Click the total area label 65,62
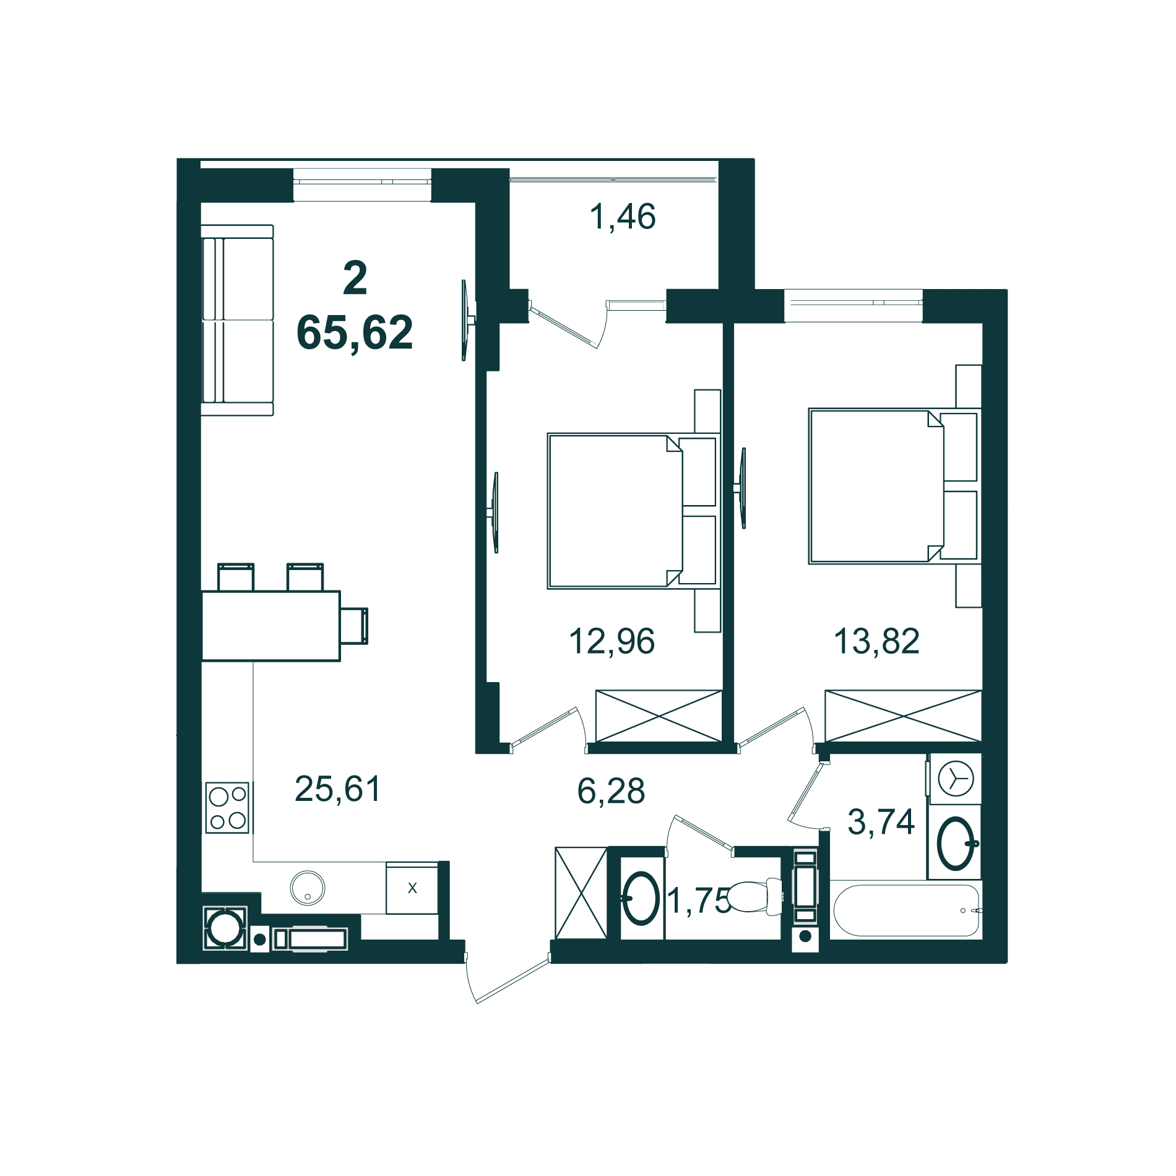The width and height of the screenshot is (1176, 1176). coord(355,333)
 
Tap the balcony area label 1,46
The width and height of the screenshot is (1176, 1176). coord(622,217)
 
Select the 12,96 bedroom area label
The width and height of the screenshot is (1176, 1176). coord(612,641)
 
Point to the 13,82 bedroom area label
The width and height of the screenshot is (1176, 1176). coord(876,641)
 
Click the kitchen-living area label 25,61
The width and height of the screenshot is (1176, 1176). coord(337,789)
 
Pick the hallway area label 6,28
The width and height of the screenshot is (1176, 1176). coord(611,792)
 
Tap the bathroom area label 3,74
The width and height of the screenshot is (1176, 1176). coord(881,823)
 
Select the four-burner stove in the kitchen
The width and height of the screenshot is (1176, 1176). coord(227,808)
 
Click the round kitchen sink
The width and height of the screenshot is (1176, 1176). coord(308,888)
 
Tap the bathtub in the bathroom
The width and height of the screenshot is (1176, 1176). coord(906,910)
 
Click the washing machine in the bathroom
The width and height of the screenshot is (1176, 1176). coord(955,779)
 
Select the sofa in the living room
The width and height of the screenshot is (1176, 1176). coord(237,320)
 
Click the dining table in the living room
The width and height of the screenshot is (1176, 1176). coord(270,626)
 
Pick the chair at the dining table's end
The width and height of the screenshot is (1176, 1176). coord(354,626)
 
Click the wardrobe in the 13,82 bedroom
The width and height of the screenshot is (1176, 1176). coord(903,716)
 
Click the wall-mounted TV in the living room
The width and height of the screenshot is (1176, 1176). coord(465,320)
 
